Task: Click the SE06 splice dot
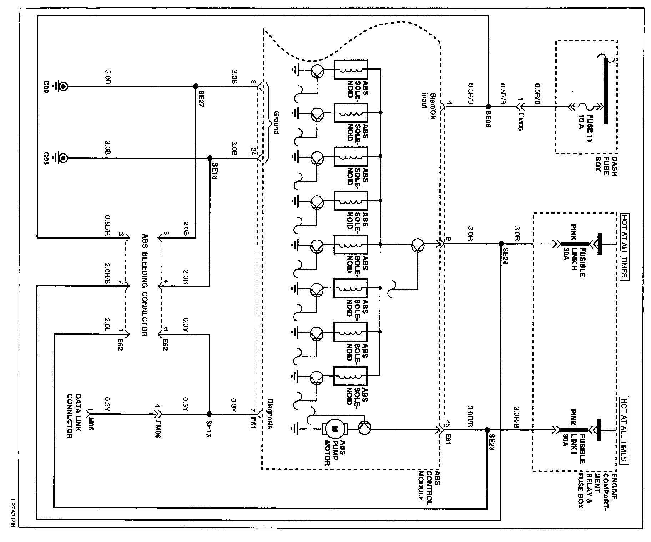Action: pos(488,106)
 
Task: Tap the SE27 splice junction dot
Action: pos(195,86)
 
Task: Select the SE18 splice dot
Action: pos(210,158)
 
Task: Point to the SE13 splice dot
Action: pos(209,414)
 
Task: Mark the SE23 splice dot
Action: pos(487,430)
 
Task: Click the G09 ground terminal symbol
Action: pos(61,86)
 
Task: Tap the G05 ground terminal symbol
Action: pos(61,158)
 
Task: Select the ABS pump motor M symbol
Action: pos(335,430)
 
